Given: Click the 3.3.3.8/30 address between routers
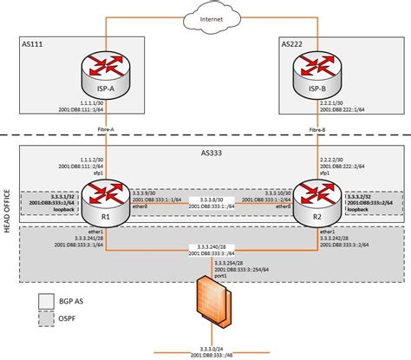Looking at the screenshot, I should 206,196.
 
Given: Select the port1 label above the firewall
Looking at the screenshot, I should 206,275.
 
